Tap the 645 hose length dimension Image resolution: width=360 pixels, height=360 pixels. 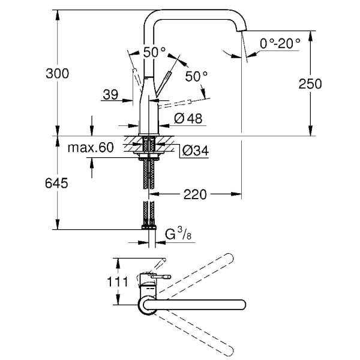click(x=56, y=182)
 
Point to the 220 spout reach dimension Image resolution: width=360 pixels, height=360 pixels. click(x=196, y=194)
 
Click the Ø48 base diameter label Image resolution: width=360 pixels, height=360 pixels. click(x=187, y=119)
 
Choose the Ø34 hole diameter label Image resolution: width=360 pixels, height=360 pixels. click(x=194, y=151)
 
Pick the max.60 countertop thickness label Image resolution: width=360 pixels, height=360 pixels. click(x=91, y=148)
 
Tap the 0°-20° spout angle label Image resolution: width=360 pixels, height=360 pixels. click(x=280, y=44)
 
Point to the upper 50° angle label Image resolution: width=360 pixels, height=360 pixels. click(x=154, y=52)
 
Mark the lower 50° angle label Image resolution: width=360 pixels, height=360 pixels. click(x=196, y=76)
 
